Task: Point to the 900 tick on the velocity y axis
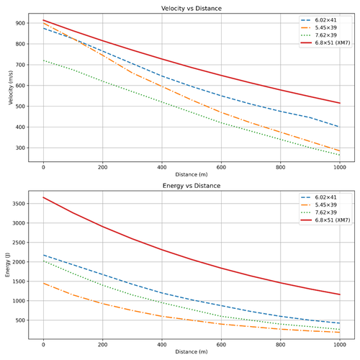(x=20, y=23)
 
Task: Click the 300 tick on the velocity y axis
(x=20, y=148)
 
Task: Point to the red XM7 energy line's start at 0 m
(x=44, y=197)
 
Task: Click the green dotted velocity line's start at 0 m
(x=44, y=60)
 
